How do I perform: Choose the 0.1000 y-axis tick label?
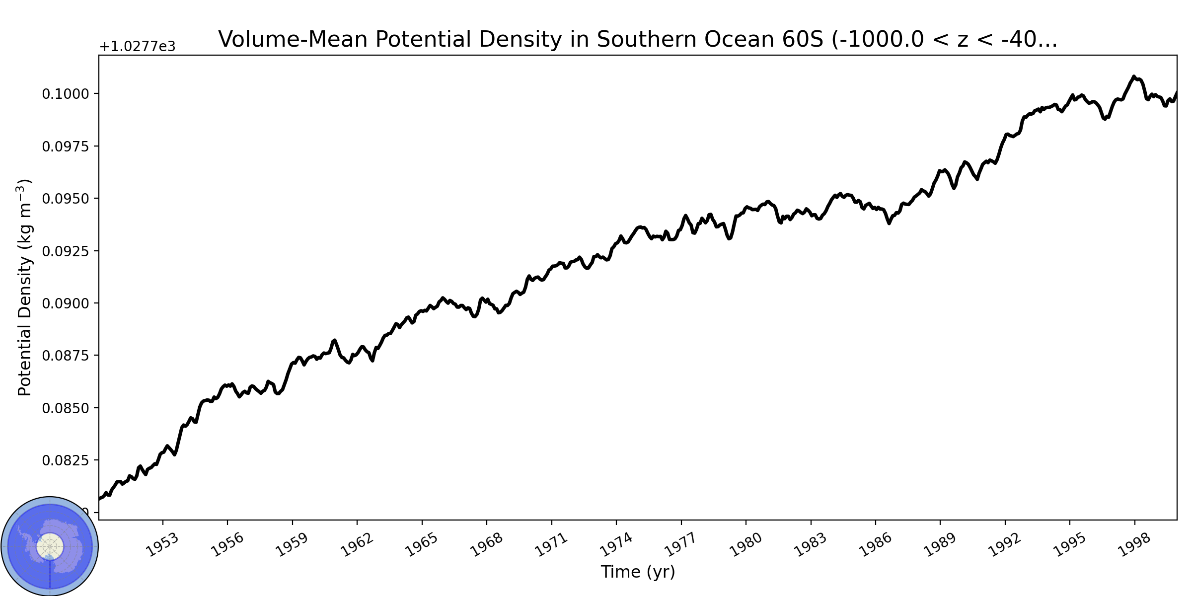tap(66, 94)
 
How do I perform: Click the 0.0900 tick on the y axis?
tap(66, 303)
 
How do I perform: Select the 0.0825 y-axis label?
tap(66, 460)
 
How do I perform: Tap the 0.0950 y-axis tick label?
tap(66, 199)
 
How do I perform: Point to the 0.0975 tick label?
tap(66, 147)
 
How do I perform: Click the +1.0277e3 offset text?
tap(138, 47)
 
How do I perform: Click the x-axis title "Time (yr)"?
tap(638, 572)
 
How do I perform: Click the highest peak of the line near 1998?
tap(1133, 76)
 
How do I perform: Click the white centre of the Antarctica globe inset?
tap(50, 547)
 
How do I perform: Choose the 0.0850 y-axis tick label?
tap(66, 408)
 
